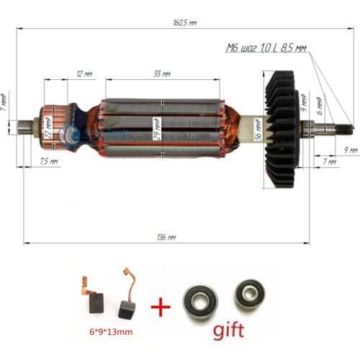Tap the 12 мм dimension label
[83, 74]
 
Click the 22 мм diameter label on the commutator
[48, 130]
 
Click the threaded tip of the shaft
[345, 129]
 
